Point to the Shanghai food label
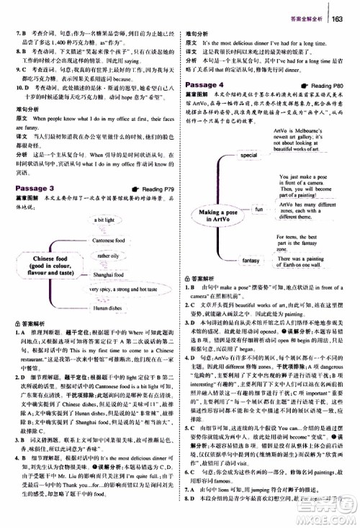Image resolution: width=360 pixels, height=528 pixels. tap(106, 274)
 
